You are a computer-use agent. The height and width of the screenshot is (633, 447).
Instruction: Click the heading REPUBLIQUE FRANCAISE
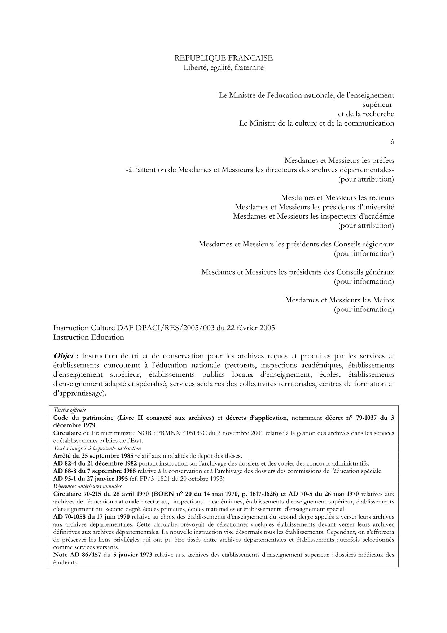(224, 58)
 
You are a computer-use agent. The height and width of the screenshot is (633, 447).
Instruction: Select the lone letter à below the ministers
(392, 142)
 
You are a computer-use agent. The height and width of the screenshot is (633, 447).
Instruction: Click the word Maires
(384, 300)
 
